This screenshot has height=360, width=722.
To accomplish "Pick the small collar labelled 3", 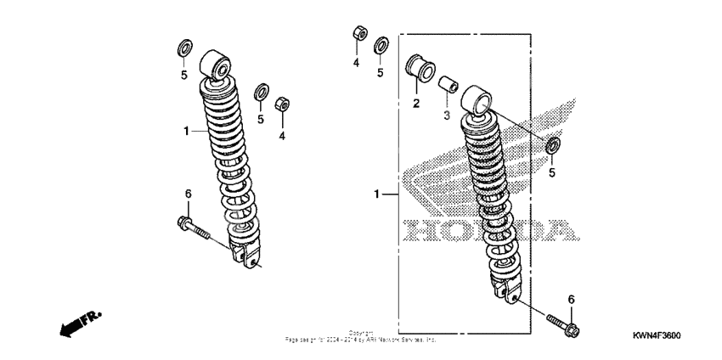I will pos(448,87).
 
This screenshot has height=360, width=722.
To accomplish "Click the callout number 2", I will pos(416,104).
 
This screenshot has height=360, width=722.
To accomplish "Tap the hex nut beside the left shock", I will pos(285,105).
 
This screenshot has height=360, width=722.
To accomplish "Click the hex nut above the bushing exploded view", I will pos(358,34).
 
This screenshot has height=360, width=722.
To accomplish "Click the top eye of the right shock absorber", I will pos(477,103).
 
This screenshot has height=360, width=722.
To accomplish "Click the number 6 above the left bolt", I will pos(189,194).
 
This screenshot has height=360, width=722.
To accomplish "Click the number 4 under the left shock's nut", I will pos(284,134).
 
